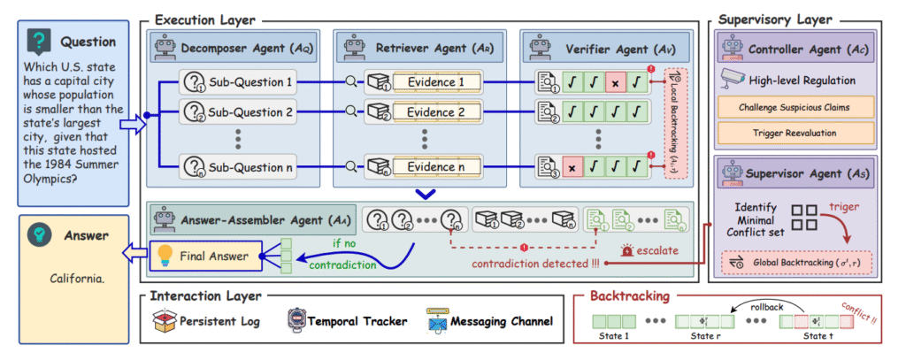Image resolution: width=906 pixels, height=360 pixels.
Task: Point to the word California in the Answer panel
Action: [81, 280]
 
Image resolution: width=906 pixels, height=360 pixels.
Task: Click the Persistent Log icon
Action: [165, 320]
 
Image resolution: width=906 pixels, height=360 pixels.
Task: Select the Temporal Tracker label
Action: [353, 320]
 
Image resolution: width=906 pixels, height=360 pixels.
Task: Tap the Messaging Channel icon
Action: [436, 320]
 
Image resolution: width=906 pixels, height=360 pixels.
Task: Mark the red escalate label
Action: [655, 250]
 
